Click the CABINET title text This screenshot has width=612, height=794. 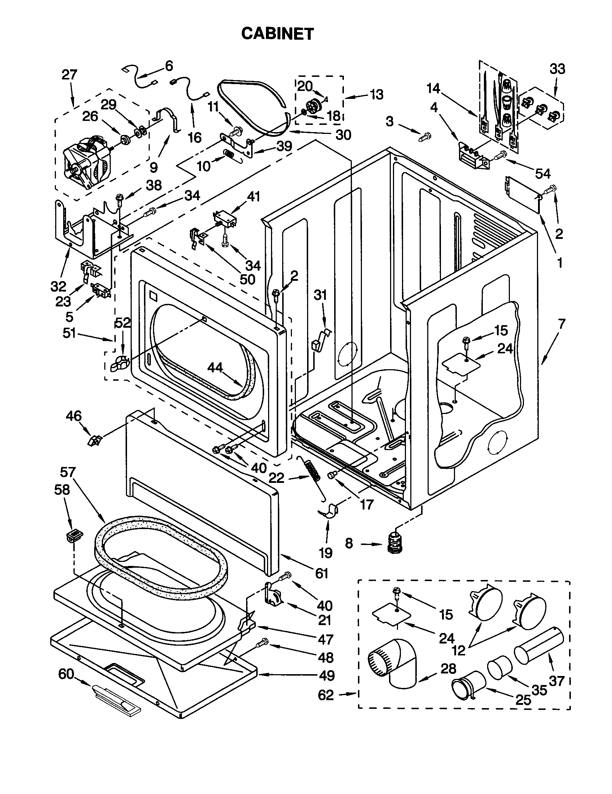[277, 34]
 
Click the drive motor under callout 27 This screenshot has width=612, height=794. [87, 162]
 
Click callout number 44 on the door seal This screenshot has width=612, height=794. [215, 368]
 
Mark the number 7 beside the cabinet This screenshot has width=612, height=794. [561, 324]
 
